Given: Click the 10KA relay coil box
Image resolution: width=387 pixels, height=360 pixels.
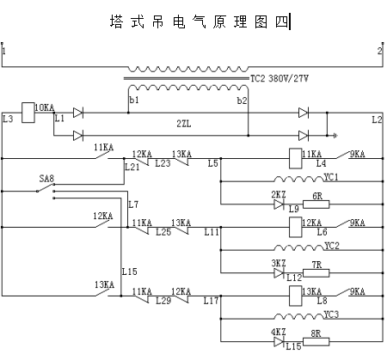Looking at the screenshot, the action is click(28, 113).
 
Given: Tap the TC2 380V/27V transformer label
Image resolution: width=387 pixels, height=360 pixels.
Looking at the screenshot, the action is click(279, 78).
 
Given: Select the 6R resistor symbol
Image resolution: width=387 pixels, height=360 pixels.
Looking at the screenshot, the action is click(316, 204).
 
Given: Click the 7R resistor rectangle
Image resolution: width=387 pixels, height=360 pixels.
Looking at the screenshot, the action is click(316, 273).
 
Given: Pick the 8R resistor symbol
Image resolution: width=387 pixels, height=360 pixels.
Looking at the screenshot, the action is click(316, 342).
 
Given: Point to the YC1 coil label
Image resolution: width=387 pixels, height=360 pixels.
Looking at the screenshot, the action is click(331, 177).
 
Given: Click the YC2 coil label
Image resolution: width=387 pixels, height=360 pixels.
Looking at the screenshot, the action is click(332, 246).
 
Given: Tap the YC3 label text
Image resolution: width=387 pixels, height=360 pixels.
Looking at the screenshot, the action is click(331, 314).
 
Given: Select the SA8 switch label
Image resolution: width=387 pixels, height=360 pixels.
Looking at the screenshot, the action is click(46, 179).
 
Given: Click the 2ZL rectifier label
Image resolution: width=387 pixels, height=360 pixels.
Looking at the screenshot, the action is click(184, 124).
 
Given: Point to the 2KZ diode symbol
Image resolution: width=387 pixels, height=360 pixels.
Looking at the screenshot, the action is click(279, 204).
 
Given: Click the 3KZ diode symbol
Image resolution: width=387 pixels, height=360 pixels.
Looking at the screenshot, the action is click(279, 273).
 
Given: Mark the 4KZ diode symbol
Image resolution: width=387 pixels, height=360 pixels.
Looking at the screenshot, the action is click(279, 342).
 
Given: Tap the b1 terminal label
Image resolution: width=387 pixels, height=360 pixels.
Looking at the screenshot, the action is click(134, 100).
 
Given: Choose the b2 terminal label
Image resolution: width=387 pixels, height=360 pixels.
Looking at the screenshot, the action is click(242, 101).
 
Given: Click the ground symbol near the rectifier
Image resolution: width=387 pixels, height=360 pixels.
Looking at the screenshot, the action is click(335, 136).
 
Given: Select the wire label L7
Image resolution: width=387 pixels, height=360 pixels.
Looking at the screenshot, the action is click(133, 204).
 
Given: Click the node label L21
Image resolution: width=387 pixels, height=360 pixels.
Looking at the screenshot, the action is click(132, 167).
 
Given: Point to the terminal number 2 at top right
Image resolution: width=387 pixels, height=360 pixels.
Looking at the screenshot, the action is click(379, 51).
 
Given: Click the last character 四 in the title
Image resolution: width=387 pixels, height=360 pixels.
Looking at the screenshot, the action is click(282, 21).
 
